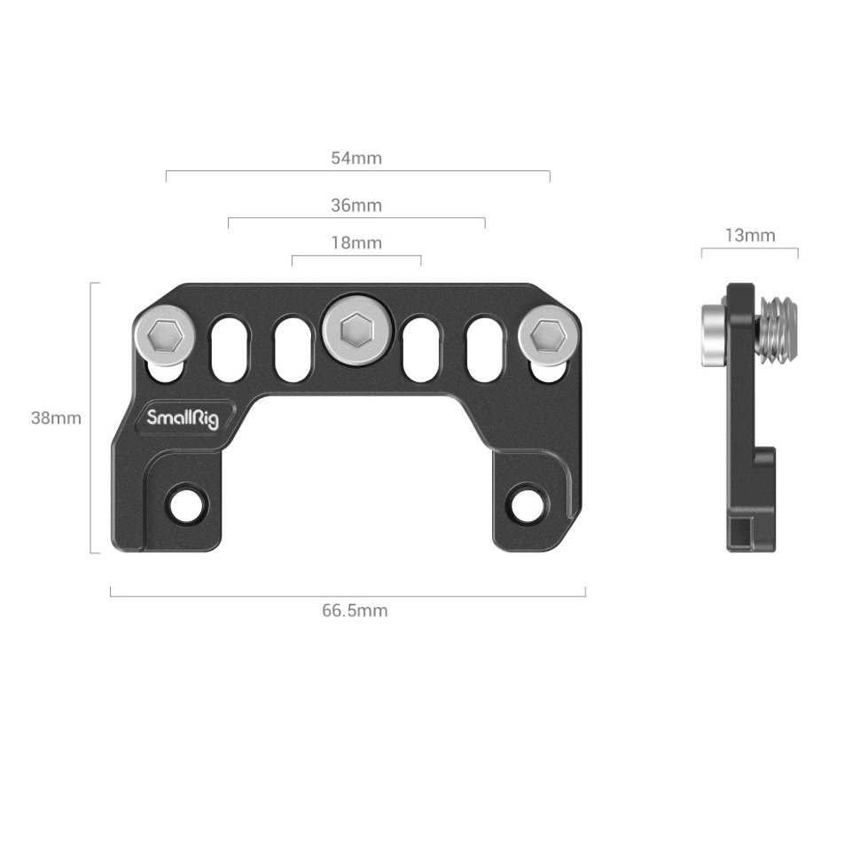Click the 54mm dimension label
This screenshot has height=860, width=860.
356,159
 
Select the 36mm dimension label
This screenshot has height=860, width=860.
356,206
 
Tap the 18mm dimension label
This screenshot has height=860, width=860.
356,242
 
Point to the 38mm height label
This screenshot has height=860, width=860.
56,418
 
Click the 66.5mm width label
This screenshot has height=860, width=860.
355,611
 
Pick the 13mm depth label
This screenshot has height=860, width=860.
749,235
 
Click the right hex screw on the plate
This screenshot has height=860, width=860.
547,335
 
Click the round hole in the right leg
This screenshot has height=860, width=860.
525,503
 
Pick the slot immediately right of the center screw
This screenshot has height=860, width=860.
419,350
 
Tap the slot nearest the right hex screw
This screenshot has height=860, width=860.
483,350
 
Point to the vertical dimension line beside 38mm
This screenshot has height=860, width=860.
92,418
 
